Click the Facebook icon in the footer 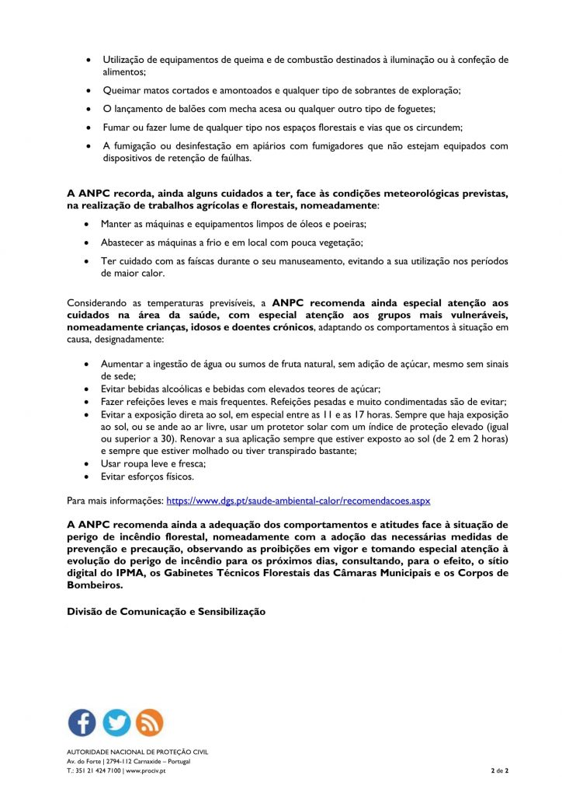point(82,722)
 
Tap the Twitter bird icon point(116,722)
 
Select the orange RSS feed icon point(149,722)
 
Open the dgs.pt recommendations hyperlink point(298,501)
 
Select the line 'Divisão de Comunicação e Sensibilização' point(166,612)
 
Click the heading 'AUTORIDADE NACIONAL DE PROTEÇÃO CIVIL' point(137,752)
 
